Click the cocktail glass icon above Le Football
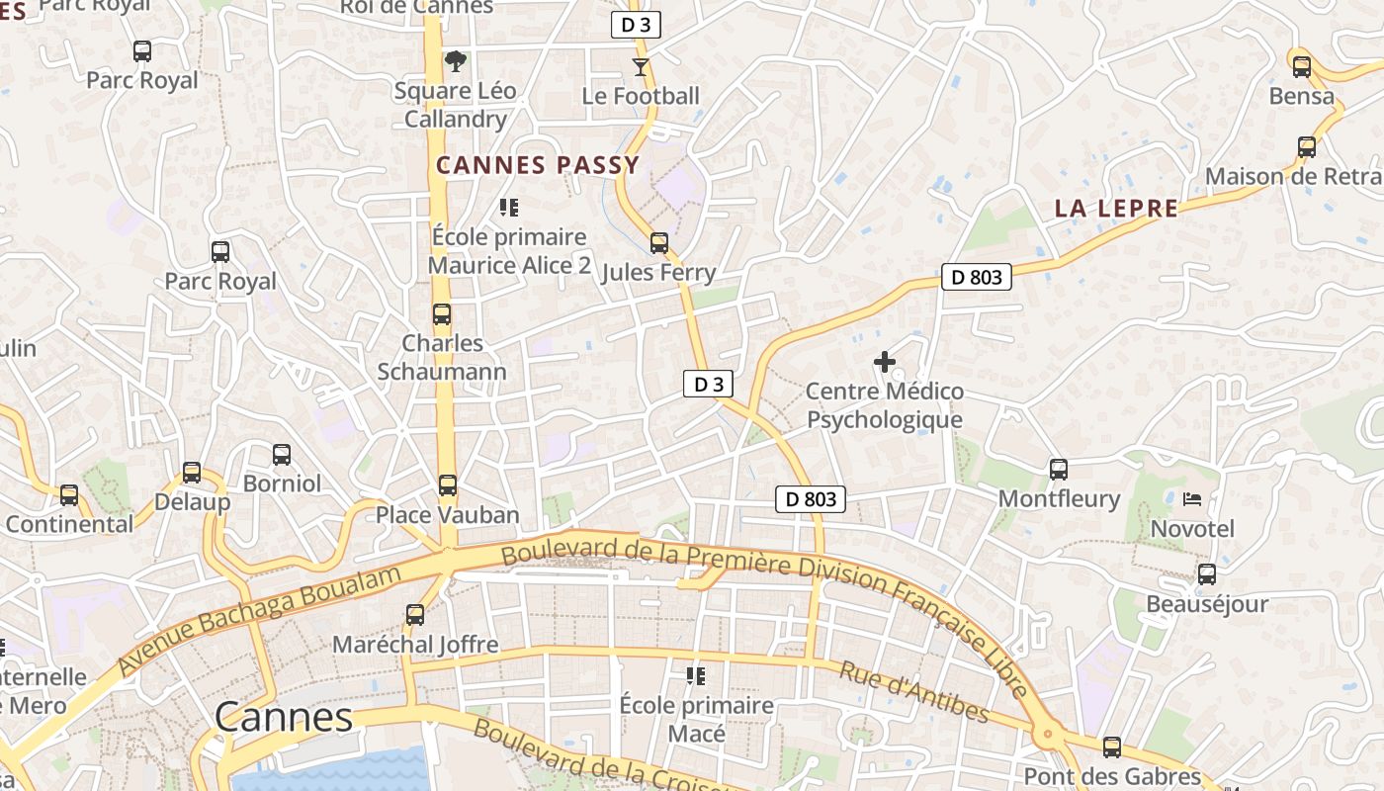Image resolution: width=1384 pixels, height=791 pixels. coord(641,67)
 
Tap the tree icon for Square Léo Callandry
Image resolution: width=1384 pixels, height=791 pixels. coord(455,62)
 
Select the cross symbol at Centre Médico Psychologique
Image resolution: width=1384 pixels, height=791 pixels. coord(885,363)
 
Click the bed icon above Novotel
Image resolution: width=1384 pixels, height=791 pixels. coord(1192,499)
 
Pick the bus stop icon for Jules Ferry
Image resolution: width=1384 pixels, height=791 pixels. coord(659,243)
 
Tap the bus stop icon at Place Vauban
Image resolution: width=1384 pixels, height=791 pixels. coord(448,485)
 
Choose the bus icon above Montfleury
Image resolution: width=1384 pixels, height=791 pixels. coord(1059,470)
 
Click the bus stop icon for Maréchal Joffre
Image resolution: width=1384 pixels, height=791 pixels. coord(415,615)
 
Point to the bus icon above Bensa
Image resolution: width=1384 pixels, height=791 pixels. coord(1302,67)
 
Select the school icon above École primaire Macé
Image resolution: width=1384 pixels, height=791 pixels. coord(696,676)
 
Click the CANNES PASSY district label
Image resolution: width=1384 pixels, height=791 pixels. coord(538,165)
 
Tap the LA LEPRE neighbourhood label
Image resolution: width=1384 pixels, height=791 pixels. coord(1116,209)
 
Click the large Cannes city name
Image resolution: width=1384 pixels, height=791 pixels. coord(283,717)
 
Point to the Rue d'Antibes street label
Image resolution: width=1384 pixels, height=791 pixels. coord(913,692)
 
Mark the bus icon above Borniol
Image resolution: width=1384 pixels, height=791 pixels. coord(282,455)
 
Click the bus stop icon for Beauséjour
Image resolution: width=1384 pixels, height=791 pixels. coord(1207,574)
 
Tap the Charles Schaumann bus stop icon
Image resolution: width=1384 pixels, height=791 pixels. coord(442,315)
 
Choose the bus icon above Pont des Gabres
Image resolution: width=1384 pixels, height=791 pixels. coord(1112,747)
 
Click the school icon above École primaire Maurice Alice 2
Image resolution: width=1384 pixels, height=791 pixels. coord(509,208)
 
